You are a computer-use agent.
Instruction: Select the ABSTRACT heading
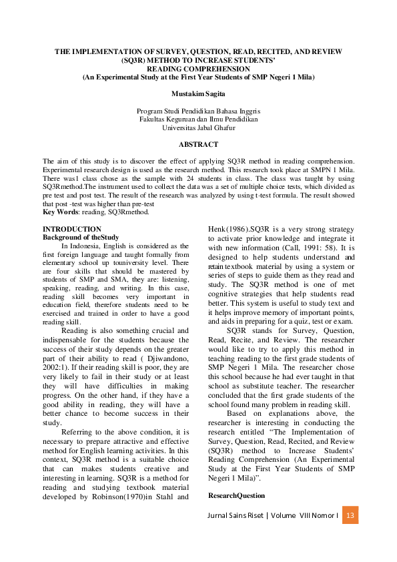[198, 144]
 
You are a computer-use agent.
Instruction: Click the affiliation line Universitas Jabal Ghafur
[198, 127]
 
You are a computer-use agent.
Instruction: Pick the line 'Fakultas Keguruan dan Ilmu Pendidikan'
[198, 119]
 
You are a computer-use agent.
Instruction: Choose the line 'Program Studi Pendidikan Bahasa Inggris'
[198, 110]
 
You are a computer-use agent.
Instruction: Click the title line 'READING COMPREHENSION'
[198, 68]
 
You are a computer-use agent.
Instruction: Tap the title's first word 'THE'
[61, 51]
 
